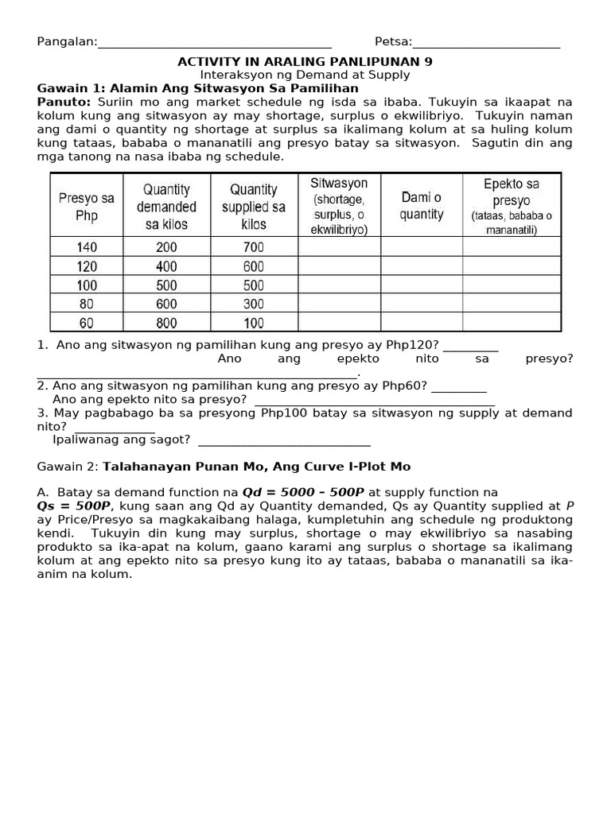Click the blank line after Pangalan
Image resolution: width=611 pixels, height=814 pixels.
[x=214, y=44]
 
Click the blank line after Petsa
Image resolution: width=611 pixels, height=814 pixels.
[x=486, y=44]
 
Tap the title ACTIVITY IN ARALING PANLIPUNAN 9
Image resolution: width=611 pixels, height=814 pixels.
[x=305, y=61]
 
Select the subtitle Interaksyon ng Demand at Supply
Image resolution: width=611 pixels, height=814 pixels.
[x=305, y=75]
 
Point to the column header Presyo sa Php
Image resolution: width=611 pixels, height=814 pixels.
[x=86, y=206]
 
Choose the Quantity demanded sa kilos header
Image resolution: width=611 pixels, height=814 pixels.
[x=166, y=206]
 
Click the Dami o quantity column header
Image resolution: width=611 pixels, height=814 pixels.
[x=422, y=206]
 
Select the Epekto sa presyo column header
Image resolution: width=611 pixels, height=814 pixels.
[x=511, y=206]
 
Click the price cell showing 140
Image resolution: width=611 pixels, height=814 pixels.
[x=86, y=247]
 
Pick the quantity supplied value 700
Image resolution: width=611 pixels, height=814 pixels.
[x=253, y=247]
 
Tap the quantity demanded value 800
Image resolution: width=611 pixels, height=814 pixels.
[x=166, y=323]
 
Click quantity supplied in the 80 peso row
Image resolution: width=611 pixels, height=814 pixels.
[x=253, y=304]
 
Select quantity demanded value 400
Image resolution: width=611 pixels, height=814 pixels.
[x=166, y=266]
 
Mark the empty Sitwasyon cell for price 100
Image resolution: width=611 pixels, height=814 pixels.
[x=339, y=285]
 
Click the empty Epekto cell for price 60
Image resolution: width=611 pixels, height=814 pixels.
[x=511, y=323]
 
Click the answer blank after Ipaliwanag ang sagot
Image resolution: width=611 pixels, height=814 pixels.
[x=284, y=440]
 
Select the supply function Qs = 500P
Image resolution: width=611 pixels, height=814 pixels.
[x=75, y=506]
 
